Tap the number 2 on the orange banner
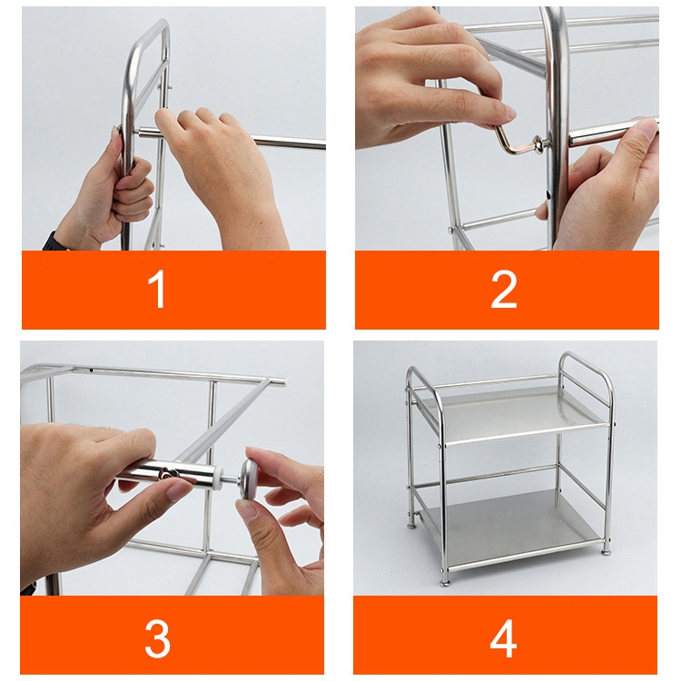504,290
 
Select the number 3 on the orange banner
157,639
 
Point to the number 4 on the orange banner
503,639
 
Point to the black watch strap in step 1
55,242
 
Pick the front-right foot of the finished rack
606,551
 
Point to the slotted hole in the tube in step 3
168,473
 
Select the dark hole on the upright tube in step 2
549,194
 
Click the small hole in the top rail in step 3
91,370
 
